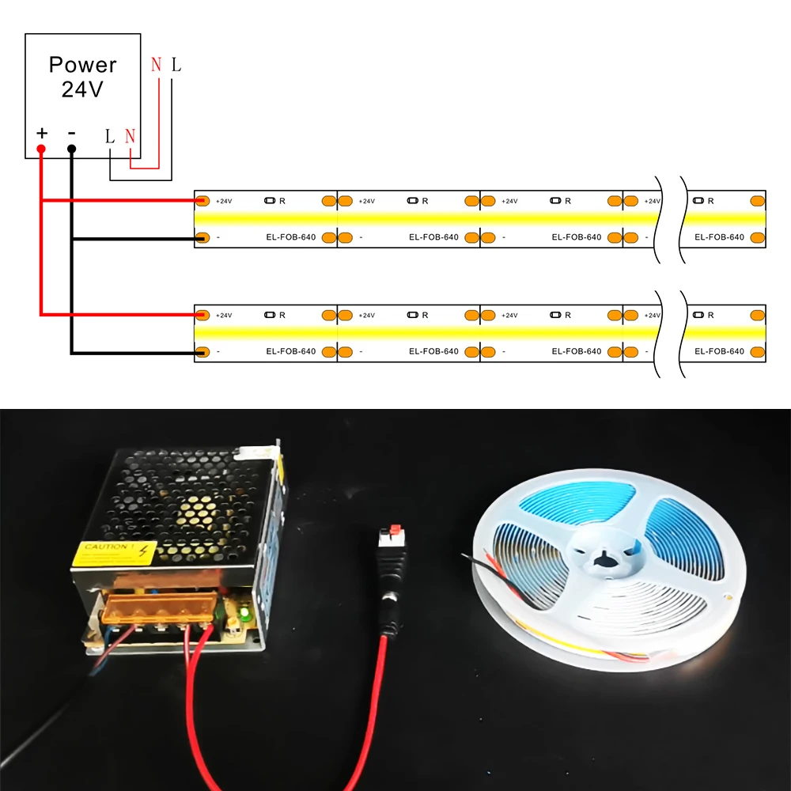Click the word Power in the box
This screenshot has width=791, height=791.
coord(82,65)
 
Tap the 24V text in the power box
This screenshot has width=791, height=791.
coord(82,89)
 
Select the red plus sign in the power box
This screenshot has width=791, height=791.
coord(42,133)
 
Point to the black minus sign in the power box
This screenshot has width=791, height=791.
coord(71,133)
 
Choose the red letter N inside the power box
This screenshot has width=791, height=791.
coord(130,135)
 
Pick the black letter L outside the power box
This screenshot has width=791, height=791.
coord(176,65)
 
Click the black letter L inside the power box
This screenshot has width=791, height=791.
coord(110,135)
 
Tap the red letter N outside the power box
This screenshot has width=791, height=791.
coord(156,65)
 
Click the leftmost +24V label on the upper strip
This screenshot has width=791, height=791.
coord(224,201)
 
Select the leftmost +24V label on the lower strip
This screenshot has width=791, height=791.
coord(224,315)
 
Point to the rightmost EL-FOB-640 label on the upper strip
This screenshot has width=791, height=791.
coord(719,237)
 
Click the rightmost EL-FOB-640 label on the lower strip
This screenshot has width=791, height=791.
coord(719,351)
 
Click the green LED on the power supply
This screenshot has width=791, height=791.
coord(244,611)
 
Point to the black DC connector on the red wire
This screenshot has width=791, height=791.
coord(392,589)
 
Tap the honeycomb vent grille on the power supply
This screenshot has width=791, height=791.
coord(182,498)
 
